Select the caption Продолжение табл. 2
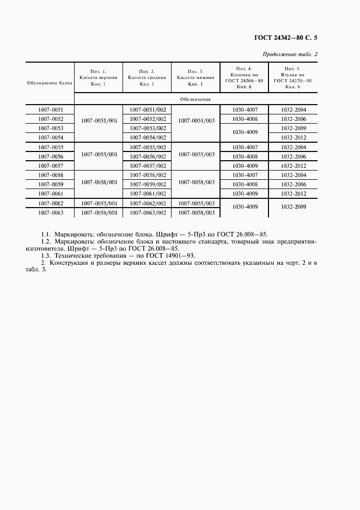(290, 54)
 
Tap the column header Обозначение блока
(50, 83)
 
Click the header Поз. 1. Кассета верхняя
(99, 78)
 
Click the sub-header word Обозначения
(196, 99)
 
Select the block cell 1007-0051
(50, 110)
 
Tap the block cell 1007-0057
(50, 166)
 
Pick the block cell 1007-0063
(50, 212)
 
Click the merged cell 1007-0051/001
(99, 119)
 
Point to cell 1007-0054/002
(147, 137)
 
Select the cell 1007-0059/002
(147, 184)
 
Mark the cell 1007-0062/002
(147, 203)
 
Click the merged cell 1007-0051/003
(196, 119)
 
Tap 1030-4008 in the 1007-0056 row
(244, 156)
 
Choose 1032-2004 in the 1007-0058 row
(293, 175)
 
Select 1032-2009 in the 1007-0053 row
(293, 128)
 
